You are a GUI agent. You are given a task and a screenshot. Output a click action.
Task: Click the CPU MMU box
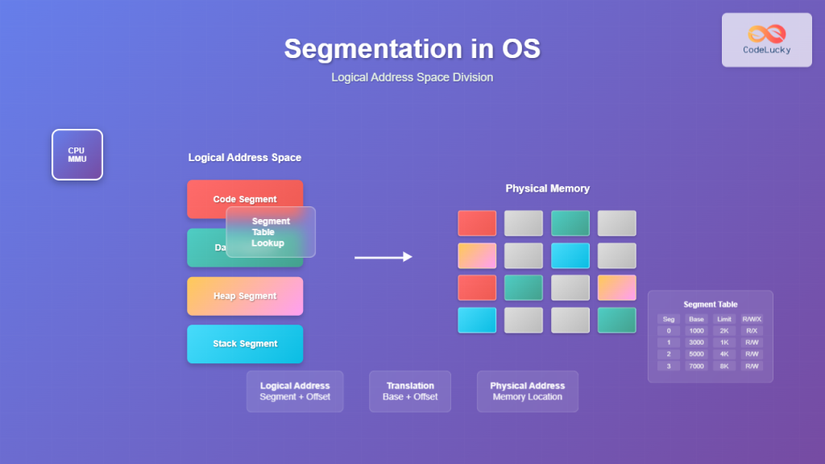click(x=77, y=155)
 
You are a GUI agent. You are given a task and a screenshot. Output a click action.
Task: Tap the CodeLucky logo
click(x=766, y=39)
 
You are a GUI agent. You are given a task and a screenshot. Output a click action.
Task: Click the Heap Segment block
click(x=245, y=296)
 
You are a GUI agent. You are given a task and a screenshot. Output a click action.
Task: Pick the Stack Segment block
click(x=245, y=344)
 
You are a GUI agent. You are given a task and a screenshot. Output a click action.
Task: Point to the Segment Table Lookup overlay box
click(x=271, y=232)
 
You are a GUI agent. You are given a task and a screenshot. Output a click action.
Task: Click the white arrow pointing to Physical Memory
click(x=383, y=257)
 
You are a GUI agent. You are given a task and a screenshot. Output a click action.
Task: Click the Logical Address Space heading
click(x=244, y=158)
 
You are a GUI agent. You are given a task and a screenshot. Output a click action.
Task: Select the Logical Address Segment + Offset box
click(x=295, y=391)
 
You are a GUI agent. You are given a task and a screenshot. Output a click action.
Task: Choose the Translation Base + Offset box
click(x=410, y=391)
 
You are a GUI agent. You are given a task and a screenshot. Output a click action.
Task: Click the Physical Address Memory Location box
click(x=527, y=391)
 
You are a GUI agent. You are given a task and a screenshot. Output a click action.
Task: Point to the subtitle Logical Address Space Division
click(x=412, y=77)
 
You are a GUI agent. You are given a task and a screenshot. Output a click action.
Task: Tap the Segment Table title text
click(x=710, y=304)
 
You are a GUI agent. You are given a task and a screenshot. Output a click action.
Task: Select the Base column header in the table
click(x=696, y=319)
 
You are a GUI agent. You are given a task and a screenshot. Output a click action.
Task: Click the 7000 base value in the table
click(x=696, y=366)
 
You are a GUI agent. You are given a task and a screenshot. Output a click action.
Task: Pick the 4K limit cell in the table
click(x=723, y=354)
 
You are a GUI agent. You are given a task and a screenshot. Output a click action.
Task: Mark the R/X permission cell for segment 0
click(x=752, y=330)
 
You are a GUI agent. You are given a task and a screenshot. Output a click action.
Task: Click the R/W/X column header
click(x=752, y=319)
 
